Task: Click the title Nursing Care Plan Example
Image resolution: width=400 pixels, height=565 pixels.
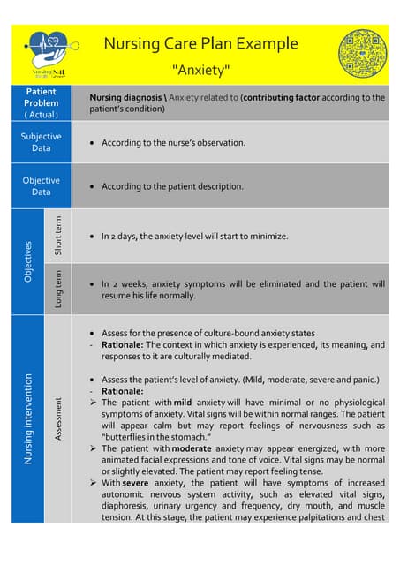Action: (200, 44)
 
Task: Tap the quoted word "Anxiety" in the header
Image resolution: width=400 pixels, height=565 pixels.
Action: (200, 69)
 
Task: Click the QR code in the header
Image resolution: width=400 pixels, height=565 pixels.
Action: (362, 53)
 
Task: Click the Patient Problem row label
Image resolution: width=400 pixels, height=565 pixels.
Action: (42, 102)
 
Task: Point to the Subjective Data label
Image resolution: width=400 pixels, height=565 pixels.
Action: (42, 142)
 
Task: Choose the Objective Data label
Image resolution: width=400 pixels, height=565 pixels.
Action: (42, 185)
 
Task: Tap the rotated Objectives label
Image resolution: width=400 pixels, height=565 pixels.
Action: (27, 261)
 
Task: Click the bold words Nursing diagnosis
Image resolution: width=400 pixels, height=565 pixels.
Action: (125, 97)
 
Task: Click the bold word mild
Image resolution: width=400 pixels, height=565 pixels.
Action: (182, 402)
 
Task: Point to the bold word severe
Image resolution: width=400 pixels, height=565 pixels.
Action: (135, 483)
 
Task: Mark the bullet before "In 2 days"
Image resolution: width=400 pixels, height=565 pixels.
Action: (94, 237)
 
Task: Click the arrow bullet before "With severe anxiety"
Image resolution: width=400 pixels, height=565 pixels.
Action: (94, 483)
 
